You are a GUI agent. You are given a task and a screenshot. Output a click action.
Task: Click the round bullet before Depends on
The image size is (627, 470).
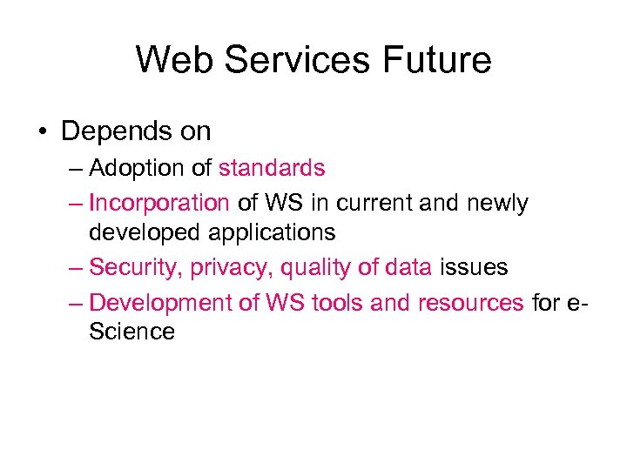(43, 132)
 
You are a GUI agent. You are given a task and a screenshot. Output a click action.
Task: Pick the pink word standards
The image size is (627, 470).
(272, 168)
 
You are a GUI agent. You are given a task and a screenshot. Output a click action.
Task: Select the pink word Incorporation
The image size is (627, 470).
(159, 204)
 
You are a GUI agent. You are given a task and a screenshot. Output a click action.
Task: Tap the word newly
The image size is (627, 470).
(497, 204)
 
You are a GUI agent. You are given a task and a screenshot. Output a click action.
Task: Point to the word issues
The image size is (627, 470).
(473, 267)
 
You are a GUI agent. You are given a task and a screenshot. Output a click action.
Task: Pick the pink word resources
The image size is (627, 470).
(470, 303)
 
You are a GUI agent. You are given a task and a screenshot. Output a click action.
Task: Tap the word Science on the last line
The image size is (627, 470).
(131, 332)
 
